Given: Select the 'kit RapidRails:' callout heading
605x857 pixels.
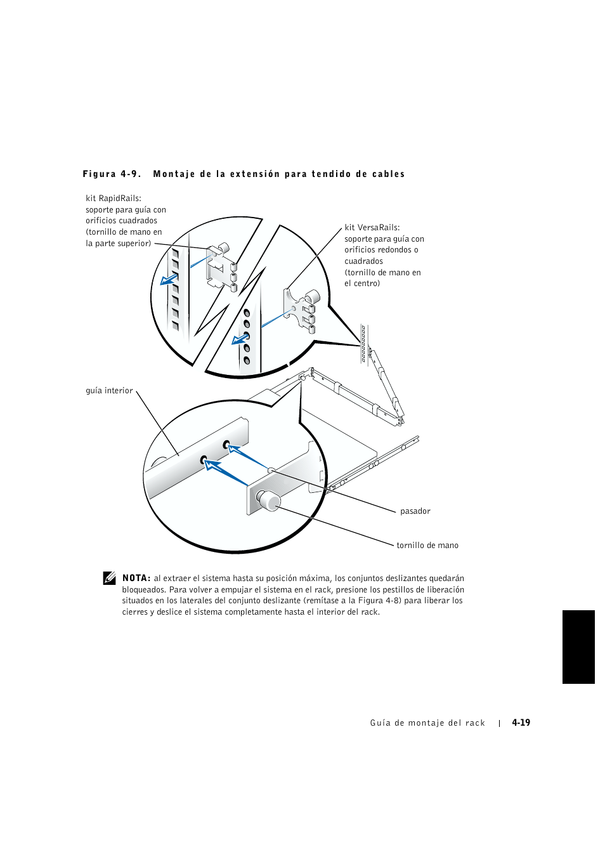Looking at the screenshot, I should tap(114, 199).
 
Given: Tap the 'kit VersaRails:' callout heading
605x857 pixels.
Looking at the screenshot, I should tap(372, 228).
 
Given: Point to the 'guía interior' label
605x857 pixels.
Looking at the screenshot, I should tap(109, 391).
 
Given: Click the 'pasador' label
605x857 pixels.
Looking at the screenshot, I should tap(415, 511).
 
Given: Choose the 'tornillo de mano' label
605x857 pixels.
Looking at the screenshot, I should tap(427, 546).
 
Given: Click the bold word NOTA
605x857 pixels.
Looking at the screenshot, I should tap(136, 579).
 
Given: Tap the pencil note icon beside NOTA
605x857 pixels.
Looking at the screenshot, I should tap(110, 578).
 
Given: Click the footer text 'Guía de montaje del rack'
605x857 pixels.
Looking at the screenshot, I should tap(427, 723).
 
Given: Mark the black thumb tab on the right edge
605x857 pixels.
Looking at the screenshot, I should tap(578, 647).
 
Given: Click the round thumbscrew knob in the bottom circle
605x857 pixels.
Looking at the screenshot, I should tap(269, 500).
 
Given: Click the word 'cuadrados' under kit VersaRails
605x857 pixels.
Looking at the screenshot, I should tap(363, 261).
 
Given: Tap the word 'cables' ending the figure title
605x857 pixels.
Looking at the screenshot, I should tap(389, 174).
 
